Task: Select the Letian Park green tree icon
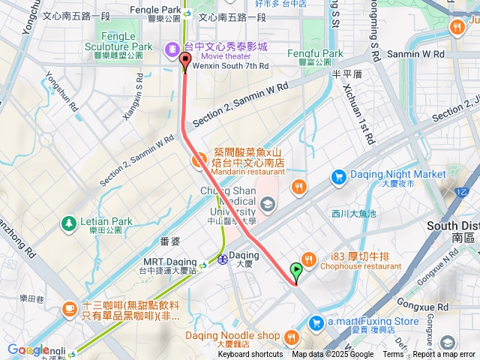[x=69, y=223]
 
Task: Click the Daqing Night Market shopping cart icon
[x=339, y=177]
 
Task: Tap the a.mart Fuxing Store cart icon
[x=316, y=322]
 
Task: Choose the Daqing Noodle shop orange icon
[x=291, y=336]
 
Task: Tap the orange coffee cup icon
[x=69, y=307]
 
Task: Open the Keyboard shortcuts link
[x=250, y=355]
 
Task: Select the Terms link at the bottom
[x=393, y=355]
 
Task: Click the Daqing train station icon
[x=223, y=259]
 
